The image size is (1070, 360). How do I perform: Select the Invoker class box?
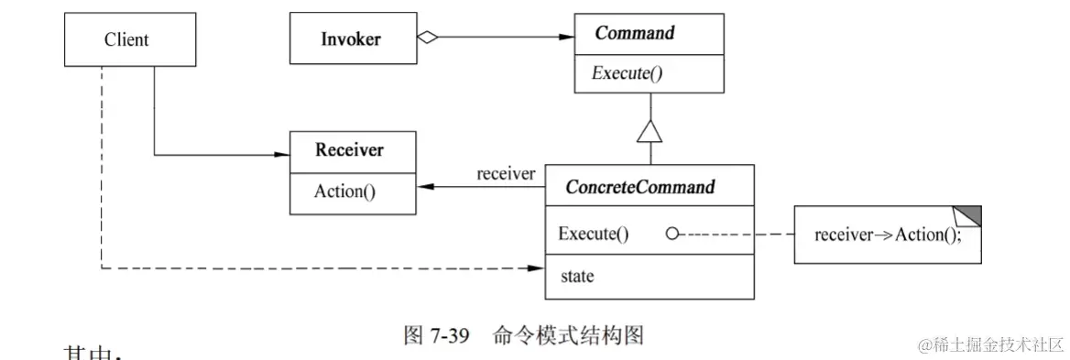[x=352, y=38]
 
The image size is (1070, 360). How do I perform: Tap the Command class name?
[x=635, y=34]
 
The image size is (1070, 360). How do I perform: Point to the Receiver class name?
[x=349, y=150]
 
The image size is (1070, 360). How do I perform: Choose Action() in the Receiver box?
[x=344, y=191]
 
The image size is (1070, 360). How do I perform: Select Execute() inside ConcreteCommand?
[x=593, y=234]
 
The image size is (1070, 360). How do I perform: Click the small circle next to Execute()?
[x=671, y=234]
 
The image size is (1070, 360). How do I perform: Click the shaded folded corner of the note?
[x=970, y=214]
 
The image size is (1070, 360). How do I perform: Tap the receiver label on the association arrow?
[x=506, y=174]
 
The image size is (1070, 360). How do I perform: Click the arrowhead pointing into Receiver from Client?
[x=282, y=154]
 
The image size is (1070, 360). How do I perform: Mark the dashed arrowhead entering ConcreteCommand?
[x=538, y=268]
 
